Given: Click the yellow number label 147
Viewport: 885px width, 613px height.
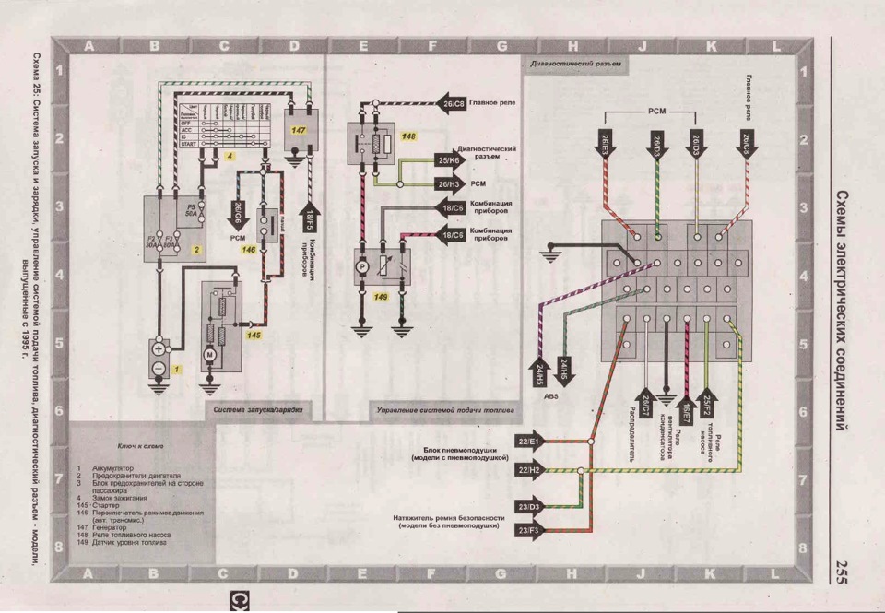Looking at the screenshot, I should click(299, 131).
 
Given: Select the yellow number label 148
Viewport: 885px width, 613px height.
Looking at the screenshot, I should click(408, 136).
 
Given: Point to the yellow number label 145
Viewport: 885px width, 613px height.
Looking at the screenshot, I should click(254, 335).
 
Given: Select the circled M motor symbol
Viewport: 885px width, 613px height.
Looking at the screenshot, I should click(209, 354).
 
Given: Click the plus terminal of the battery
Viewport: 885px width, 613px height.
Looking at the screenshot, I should click(158, 350).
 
